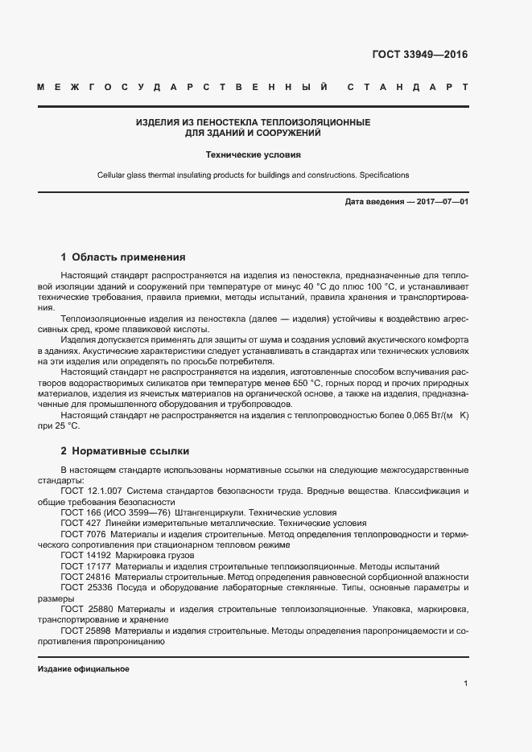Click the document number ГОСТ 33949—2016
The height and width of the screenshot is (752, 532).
point(419,55)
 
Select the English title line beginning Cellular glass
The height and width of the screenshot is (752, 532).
point(253,175)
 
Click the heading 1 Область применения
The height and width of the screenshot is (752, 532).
point(123,257)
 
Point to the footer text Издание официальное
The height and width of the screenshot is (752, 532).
point(83,669)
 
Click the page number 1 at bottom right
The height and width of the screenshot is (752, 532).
point(466,684)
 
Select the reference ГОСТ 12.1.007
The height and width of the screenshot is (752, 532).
point(89,491)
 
